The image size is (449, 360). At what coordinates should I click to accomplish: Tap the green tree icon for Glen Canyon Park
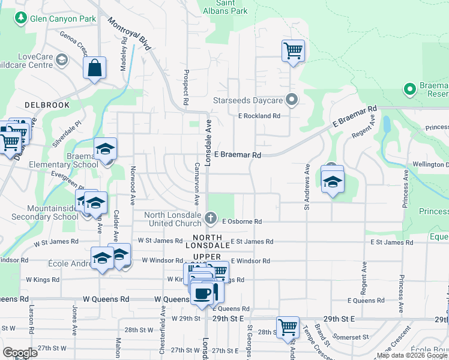(x=20, y=19)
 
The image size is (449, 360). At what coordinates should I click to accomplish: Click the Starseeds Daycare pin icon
(x=292, y=100)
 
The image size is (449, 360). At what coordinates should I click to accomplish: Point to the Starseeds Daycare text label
(x=247, y=100)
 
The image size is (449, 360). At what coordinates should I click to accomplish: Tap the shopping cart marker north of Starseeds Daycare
(x=293, y=50)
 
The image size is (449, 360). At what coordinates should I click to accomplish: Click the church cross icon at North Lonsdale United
(x=210, y=217)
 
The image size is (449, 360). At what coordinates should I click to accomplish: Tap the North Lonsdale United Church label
(x=176, y=220)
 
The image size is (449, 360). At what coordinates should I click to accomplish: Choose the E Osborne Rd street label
(x=242, y=221)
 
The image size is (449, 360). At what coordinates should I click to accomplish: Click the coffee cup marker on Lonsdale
(x=203, y=293)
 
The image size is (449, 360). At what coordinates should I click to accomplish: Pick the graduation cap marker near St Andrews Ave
(x=333, y=181)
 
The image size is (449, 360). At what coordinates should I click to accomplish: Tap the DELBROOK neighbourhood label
(x=47, y=105)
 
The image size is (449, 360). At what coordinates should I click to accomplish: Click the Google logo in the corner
(x=20, y=353)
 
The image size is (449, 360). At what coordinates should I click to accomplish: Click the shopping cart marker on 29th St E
(x=288, y=328)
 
